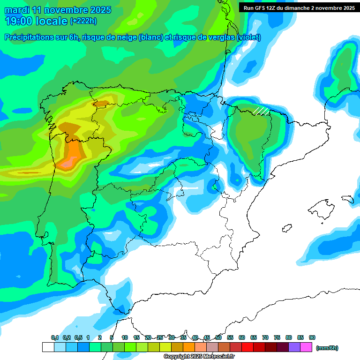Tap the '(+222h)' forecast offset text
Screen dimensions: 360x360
(83, 21)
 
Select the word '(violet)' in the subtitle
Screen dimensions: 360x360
(248, 37)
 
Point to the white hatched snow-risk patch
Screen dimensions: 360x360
(261, 111)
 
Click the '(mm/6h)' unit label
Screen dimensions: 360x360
(327, 348)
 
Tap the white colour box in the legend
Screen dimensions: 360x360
(48, 347)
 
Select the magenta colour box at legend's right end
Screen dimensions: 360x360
(306, 347)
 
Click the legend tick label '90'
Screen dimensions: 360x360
(312, 337)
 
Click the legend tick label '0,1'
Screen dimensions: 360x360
(55, 337)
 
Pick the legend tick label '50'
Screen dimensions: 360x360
(218, 337)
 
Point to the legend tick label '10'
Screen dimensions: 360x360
(125, 337)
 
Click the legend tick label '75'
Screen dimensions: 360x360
(277, 337)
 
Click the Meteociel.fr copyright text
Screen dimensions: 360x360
(199, 357)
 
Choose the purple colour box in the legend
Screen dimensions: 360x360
(294, 347)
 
